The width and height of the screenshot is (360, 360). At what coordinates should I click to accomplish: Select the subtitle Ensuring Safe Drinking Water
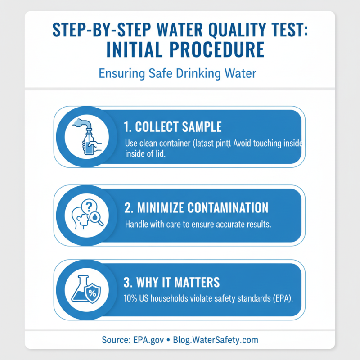point(180,73)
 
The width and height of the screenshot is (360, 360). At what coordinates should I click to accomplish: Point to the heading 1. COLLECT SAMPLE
point(172,127)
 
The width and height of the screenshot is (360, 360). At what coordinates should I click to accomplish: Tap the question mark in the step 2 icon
point(89,205)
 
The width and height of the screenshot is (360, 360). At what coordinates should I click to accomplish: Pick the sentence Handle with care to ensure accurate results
point(198,224)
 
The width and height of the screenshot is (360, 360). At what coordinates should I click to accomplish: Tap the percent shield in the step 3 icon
point(93,294)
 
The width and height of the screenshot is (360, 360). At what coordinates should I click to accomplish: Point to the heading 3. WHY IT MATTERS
point(171,282)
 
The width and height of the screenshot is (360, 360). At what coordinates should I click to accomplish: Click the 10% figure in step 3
point(131,298)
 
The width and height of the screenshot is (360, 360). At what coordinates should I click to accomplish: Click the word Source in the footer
point(115,340)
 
